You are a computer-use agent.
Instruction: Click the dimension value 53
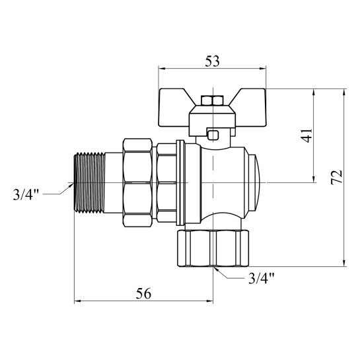[212, 61]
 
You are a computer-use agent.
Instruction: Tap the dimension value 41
[307, 135]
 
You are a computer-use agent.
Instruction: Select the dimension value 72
[337, 177]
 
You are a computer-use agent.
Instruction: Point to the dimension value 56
[143, 293]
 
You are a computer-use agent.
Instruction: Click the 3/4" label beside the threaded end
[26, 195]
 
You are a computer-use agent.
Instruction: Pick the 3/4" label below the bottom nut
[262, 278]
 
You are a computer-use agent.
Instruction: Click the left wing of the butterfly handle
[174, 107]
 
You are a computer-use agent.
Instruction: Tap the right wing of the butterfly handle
[251, 107]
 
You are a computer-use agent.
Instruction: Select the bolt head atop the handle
[212, 100]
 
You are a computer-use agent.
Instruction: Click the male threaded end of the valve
[90, 183]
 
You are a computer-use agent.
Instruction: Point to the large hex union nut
[137, 183]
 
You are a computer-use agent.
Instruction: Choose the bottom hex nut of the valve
[213, 248]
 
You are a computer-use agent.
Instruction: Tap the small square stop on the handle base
[213, 135]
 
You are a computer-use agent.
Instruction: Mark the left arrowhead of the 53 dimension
[162, 69]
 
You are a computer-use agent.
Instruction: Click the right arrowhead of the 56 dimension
[210, 301]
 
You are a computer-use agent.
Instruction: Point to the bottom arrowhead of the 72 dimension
[344, 263]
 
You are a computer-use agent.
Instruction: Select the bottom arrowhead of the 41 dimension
[314, 179]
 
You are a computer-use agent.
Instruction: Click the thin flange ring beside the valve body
[180, 183]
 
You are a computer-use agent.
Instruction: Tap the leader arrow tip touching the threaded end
[74, 183]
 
